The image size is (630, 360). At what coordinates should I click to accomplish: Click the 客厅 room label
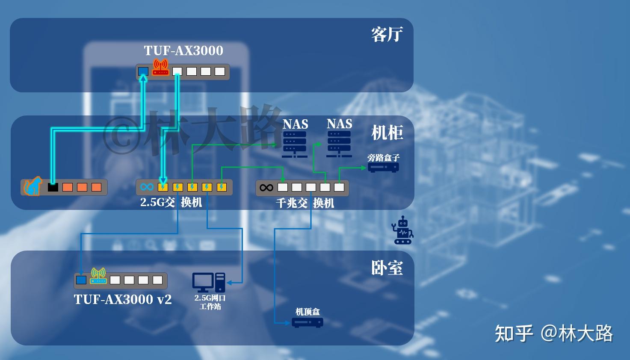tap(387, 35)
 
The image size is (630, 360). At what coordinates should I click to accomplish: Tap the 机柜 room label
tap(387, 133)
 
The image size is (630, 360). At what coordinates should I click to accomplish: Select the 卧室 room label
tap(387, 268)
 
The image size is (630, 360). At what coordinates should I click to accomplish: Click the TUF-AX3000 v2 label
tap(123, 299)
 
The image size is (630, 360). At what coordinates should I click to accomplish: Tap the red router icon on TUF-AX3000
tap(160, 68)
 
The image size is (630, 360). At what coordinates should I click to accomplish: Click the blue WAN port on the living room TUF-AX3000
tap(143, 71)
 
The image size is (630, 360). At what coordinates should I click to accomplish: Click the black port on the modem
tap(53, 187)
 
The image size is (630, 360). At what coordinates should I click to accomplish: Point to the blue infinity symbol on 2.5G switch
tap(147, 187)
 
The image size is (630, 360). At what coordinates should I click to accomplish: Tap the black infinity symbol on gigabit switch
tap(266, 187)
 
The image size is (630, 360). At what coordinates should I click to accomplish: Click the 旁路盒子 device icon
tap(383, 167)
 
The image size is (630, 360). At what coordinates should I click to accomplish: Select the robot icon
tap(403, 230)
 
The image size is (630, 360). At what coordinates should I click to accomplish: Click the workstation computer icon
tap(209, 282)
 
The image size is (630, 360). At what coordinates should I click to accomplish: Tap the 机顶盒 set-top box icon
tap(307, 322)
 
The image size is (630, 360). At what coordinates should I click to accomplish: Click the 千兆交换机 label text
tap(305, 203)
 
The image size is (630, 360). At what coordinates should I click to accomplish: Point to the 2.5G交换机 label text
tap(171, 202)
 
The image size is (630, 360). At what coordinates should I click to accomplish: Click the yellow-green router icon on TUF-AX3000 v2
tap(98, 276)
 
